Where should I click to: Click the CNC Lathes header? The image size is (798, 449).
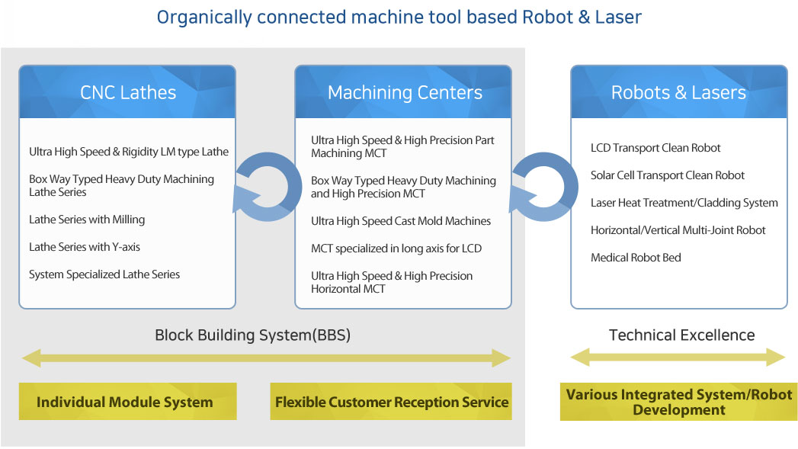tap(127, 92)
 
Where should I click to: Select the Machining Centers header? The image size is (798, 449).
tap(404, 92)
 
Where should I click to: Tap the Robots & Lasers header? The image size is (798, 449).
tap(678, 92)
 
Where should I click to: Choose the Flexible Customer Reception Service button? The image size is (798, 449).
tap(391, 402)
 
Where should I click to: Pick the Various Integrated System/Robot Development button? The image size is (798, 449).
tap(678, 402)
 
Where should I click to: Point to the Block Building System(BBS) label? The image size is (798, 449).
tap(252, 335)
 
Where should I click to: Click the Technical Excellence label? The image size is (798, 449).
tap(681, 335)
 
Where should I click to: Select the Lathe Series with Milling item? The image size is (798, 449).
tap(87, 220)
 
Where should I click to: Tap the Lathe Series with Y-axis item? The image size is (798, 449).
tap(85, 247)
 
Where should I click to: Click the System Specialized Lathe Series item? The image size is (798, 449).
tap(104, 274)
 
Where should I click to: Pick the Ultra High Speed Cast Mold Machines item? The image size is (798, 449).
tap(401, 221)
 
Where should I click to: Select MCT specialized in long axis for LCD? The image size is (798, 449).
tap(396, 249)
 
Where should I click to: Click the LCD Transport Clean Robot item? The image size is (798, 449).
tap(655, 148)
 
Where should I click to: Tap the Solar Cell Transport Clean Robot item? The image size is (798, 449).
tap(668, 175)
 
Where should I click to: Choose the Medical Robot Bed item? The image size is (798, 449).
tap(636, 258)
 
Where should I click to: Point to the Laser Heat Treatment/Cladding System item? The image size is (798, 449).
tap(684, 203)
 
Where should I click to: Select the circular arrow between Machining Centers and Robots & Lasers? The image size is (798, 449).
tap(542, 187)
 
